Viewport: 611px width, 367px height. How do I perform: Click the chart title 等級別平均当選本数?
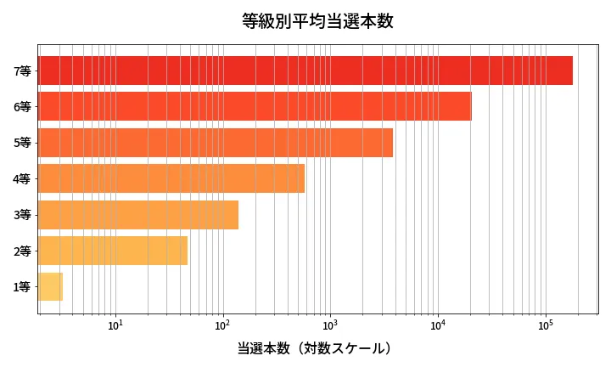(317, 21)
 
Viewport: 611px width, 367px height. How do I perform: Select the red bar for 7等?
(305, 71)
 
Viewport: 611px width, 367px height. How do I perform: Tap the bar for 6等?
(255, 106)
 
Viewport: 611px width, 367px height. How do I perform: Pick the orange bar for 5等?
(216, 143)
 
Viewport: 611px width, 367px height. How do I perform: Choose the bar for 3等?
(138, 215)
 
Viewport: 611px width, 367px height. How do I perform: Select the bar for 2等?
(113, 251)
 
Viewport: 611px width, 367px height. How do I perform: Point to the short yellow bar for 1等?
(51, 287)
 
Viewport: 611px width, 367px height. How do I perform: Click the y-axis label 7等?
(22, 71)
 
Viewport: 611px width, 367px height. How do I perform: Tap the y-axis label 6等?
(22, 107)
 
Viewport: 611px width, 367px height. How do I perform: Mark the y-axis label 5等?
(22, 143)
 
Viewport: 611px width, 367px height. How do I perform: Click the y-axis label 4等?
(22, 179)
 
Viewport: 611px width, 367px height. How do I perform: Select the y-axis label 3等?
(22, 215)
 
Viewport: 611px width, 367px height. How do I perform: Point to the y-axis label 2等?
(22, 251)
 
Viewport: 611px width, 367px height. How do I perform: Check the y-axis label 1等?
(22, 287)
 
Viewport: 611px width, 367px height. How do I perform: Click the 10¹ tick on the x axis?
(115, 325)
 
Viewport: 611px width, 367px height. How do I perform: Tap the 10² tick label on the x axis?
(223, 325)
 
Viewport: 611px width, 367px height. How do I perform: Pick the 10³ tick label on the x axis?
(330, 325)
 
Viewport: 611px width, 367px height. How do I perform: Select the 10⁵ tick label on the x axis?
(545, 325)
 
